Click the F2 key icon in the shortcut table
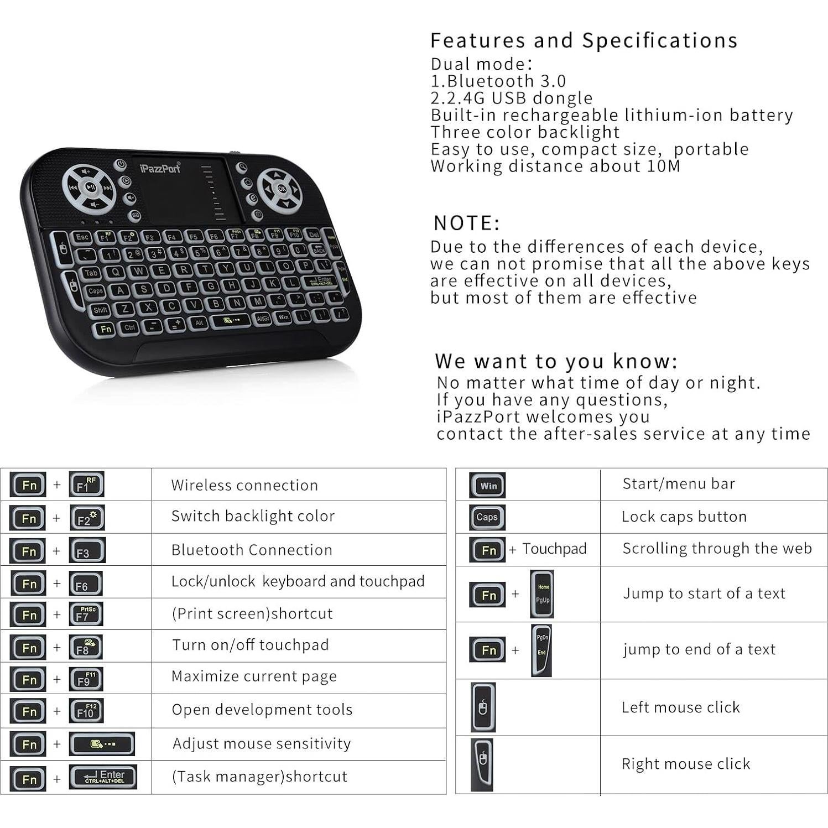(x=87, y=518)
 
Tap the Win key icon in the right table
(x=487, y=485)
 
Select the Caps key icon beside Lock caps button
(x=487, y=517)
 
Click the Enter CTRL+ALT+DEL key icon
(x=103, y=777)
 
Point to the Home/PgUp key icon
(x=541, y=594)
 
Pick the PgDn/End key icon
(x=541, y=650)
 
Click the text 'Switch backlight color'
(x=253, y=516)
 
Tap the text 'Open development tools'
(x=262, y=710)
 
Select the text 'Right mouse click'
(x=685, y=764)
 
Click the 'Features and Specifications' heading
(x=584, y=40)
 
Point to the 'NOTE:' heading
(x=466, y=223)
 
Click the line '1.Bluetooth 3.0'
(x=498, y=81)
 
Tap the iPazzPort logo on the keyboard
(x=160, y=168)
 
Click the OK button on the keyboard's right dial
(x=282, y=189)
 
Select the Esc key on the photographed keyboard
(x=82, y=237)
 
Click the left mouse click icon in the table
(x=483, y=707)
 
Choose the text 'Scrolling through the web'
(x=717, y=548)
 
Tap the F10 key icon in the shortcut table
(x=86, y=711)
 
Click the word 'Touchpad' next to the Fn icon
(x=554, y=549)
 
